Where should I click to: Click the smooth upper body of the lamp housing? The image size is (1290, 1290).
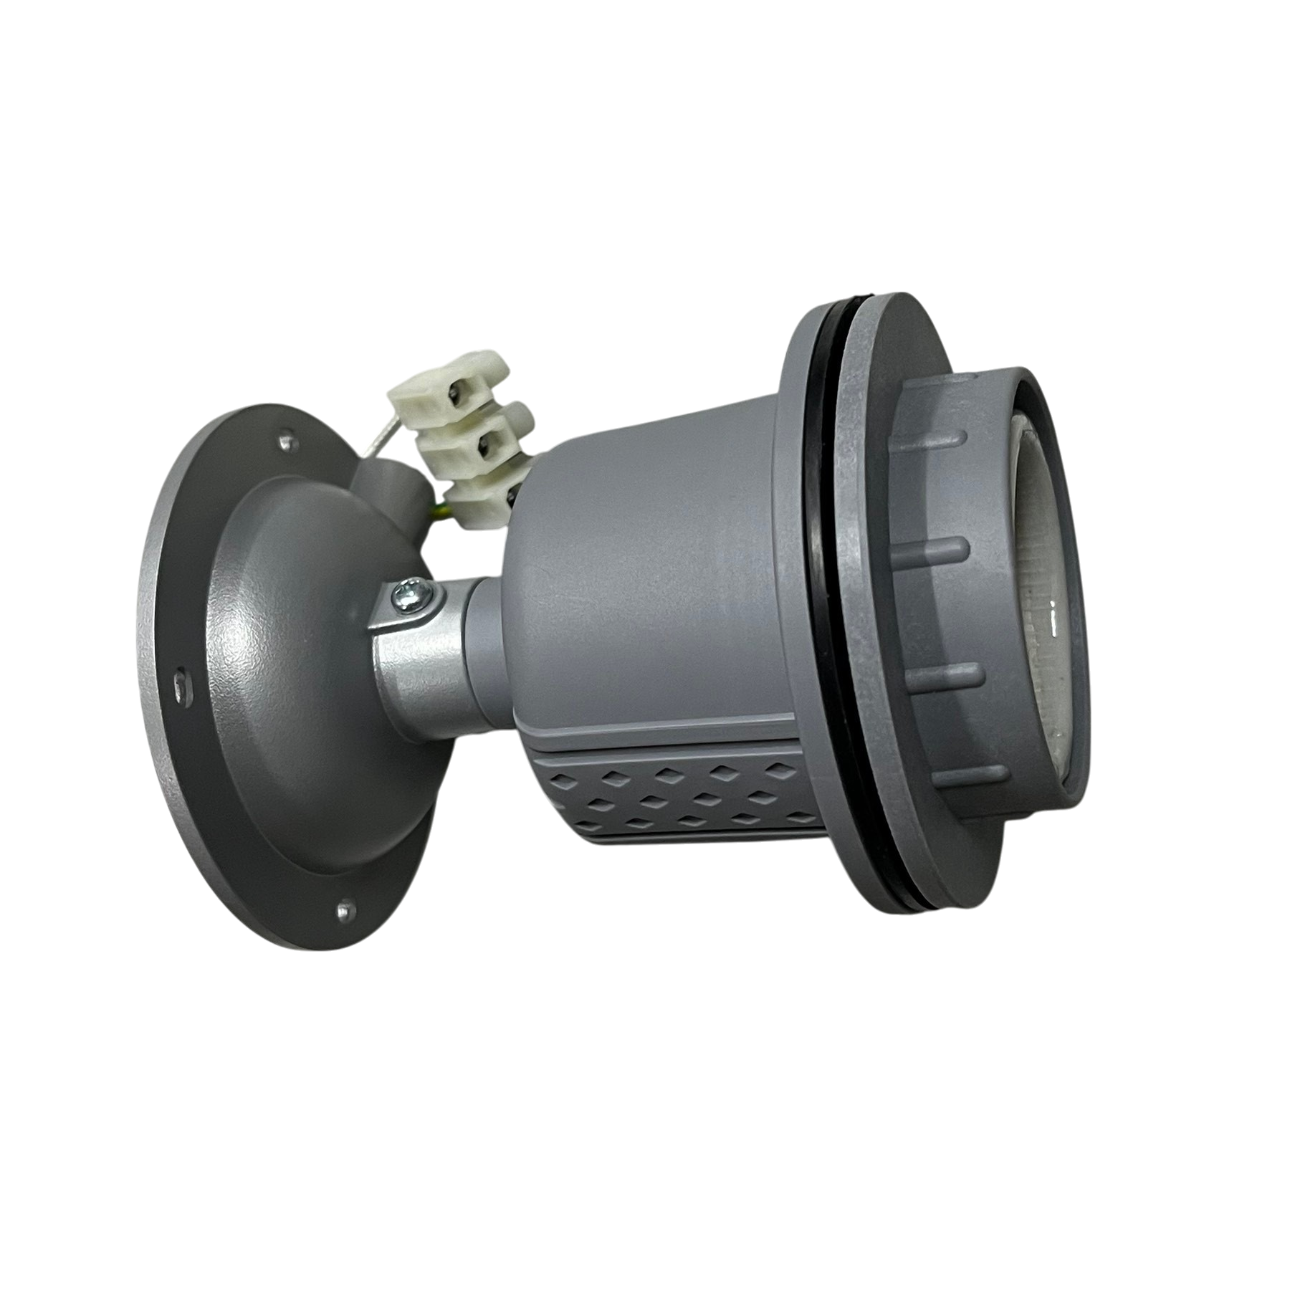[645, 559]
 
